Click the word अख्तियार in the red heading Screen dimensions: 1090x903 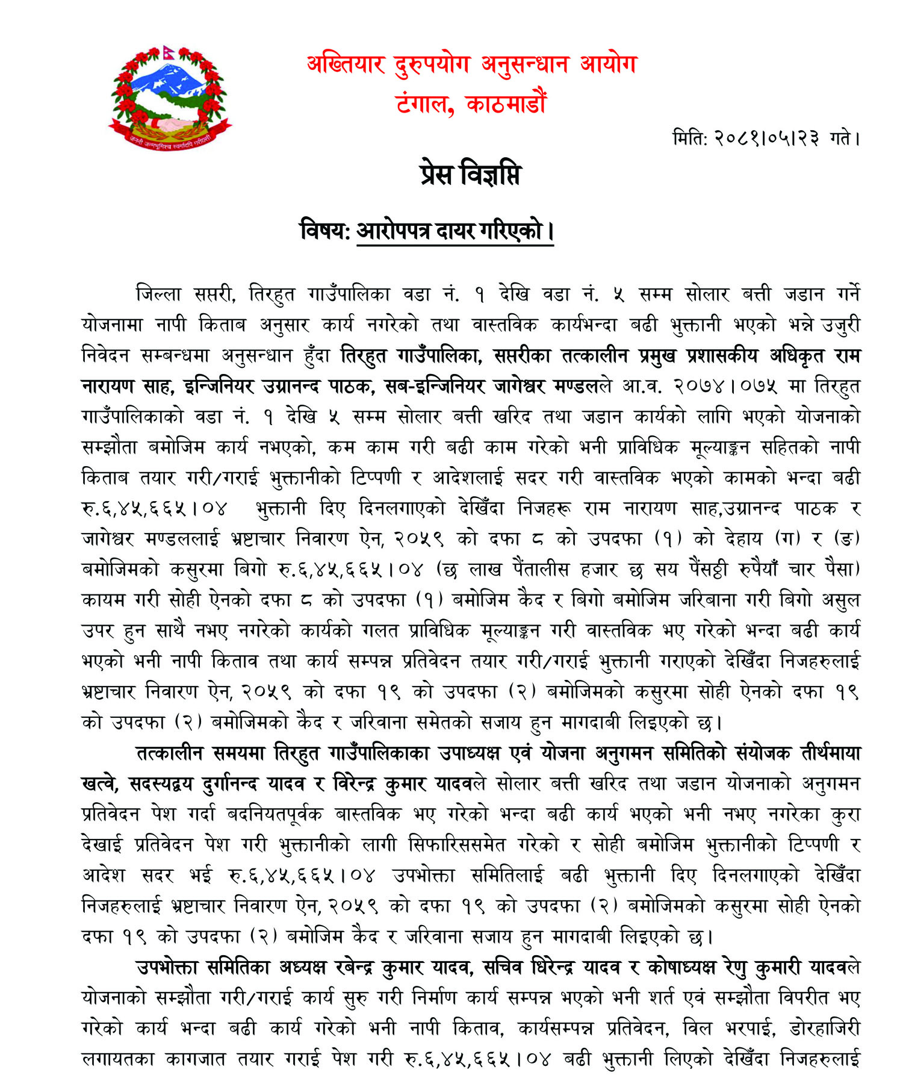[346, 64]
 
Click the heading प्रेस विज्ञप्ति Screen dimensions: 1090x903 [470, 175]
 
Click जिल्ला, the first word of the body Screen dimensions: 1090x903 [158, 294]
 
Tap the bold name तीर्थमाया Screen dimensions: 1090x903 [830, 753]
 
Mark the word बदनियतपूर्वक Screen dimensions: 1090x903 [275, 814]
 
